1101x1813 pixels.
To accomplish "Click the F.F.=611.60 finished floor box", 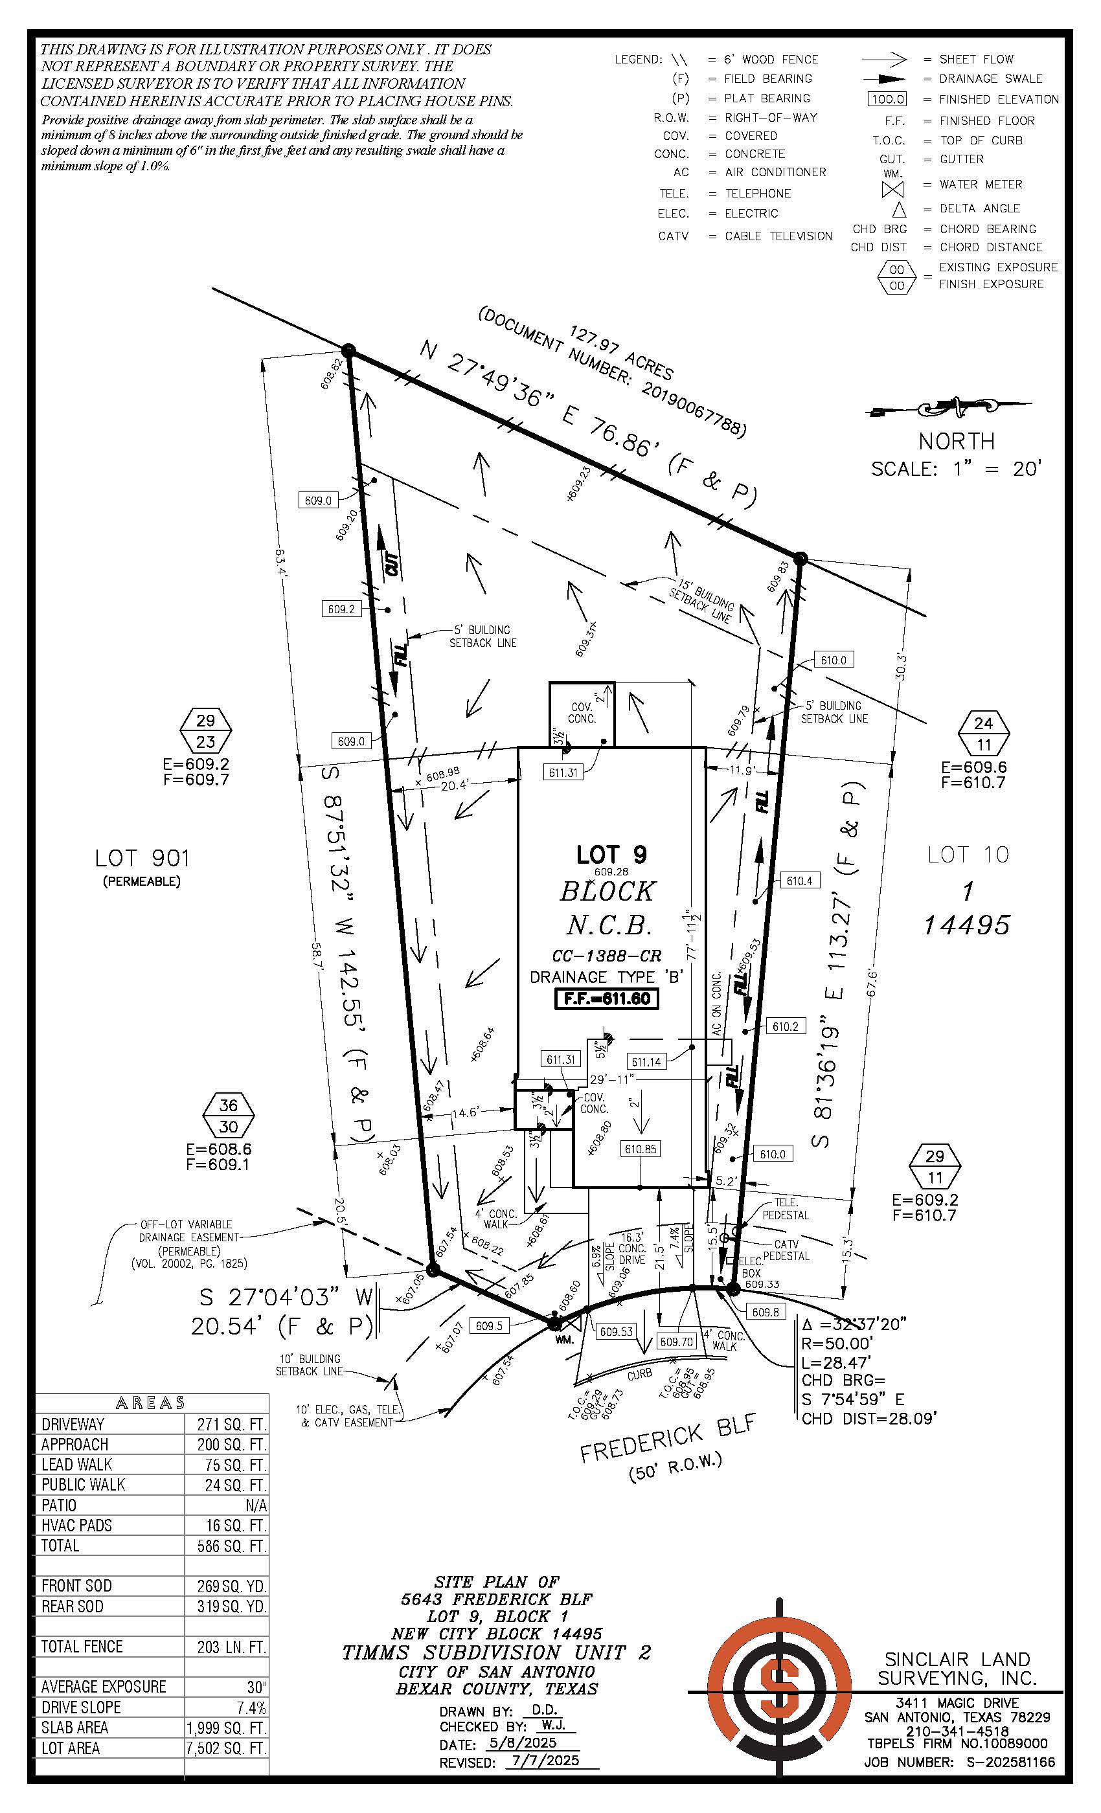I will [x=606, y=998].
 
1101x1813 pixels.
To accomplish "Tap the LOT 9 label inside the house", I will [x=611, y=854].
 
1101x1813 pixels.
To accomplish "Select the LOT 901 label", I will [x=142, y=858].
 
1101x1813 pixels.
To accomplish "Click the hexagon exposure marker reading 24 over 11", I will [x=984, y=734].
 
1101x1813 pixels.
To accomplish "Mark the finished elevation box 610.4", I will [x=799, y=881].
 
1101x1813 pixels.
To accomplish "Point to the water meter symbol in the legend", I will [x=892, y=189].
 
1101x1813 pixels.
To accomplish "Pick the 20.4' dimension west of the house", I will [x=454, y=785].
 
